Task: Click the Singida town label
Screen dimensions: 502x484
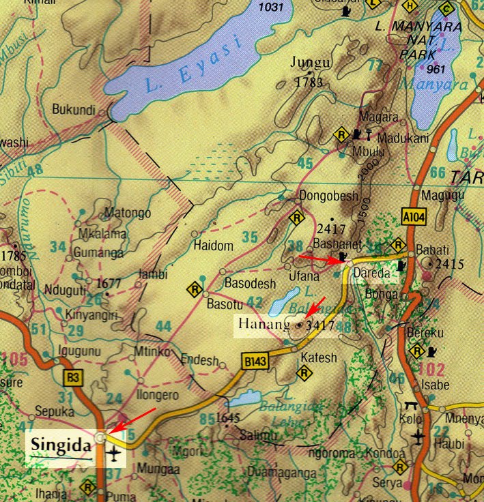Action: [60, 447]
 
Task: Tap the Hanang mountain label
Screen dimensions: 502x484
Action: [264, 324]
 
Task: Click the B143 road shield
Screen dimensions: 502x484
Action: [255, 359]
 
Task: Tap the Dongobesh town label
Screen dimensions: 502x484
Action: [329, 197]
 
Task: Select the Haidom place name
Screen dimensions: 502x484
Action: [214, 246]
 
